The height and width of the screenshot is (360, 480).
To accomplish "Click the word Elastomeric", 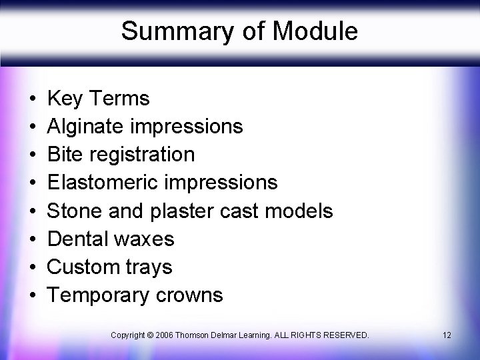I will pos(101,183).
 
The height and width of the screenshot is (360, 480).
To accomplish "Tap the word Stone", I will pos(74,211).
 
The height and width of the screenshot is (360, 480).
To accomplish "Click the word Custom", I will pos(81,267).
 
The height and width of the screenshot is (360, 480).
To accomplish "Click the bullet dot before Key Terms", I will pos(33,99).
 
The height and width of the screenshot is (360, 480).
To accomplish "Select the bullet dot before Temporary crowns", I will pos(33,295).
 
